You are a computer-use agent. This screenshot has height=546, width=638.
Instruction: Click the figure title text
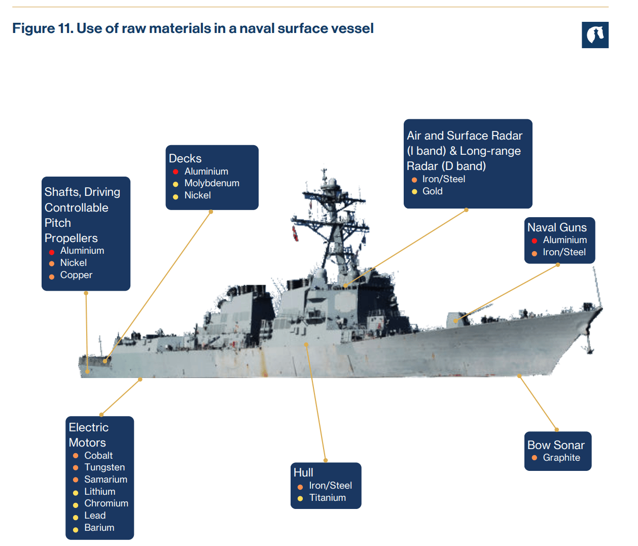(193, 28)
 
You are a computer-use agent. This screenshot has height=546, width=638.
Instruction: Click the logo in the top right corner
(595, 35)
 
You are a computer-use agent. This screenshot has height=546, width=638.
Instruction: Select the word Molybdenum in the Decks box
(211, 183)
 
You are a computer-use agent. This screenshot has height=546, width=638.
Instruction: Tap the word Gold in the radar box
(432, 191)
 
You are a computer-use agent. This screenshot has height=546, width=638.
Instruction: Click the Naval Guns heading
(557, 227)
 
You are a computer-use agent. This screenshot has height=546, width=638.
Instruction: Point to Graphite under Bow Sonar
(561, 458)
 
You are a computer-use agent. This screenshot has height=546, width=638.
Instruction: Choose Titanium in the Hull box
(327, 498)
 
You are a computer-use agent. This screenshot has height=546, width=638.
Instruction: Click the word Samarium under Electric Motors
(105, 480)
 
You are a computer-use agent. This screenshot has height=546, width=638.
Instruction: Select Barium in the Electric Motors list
(99, 528)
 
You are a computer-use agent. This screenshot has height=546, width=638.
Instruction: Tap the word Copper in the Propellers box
(76, 275)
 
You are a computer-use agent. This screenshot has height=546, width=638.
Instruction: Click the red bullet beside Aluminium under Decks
(175, 172)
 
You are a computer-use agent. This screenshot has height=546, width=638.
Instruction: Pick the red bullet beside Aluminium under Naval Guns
(534, 241)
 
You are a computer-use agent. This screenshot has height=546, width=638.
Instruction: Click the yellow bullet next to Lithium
(76, 493)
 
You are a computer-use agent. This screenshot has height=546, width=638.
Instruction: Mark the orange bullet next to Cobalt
(76, 456)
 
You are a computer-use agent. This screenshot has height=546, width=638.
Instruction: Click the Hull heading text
(303, 472)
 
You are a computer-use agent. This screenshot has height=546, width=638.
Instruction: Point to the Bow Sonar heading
(556, 445)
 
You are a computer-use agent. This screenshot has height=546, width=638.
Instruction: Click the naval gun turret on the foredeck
(454, 320)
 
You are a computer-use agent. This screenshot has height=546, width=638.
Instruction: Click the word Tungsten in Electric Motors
(104, 467)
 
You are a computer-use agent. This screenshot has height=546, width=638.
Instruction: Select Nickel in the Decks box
(197, 195)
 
